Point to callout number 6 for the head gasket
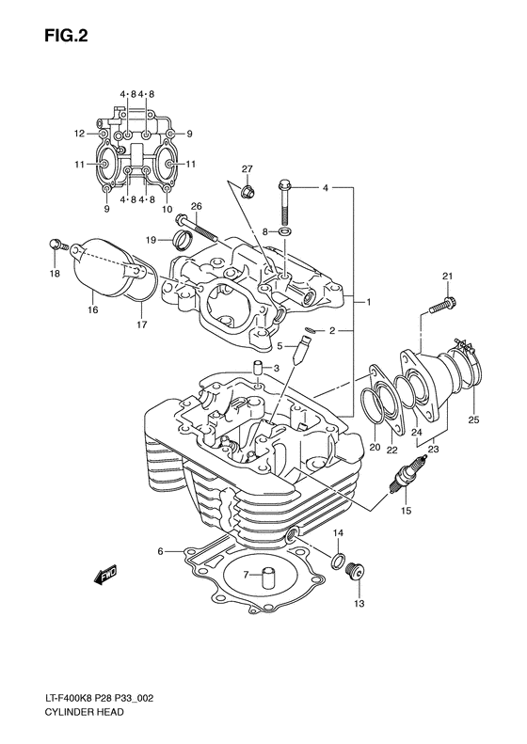[x=161, y=551]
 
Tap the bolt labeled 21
[x=441, y=305]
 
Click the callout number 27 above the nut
[x=247, y=169]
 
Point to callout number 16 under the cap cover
[x=91, y=308]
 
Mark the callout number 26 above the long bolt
[x=197, y=206]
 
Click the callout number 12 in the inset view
[x=80, y=134]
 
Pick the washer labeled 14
[x=335, y=563]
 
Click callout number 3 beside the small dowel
[x=277, y=367]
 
